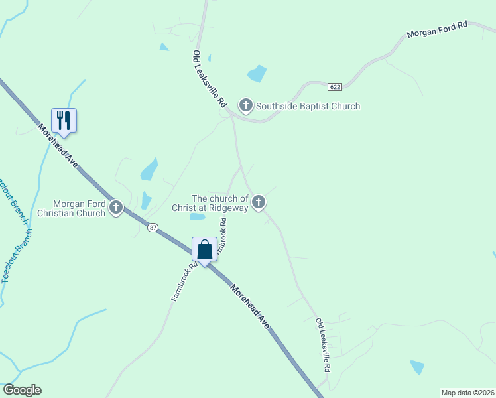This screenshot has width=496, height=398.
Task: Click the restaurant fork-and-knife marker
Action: point(64,120)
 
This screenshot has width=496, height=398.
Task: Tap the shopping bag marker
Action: point(205,250)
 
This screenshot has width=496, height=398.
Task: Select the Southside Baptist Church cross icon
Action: point(246,105)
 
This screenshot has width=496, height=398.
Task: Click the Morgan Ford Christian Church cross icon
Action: point(116,208)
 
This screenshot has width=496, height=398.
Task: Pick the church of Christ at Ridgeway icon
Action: point(259,202)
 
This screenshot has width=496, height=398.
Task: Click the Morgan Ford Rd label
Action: point(437,30)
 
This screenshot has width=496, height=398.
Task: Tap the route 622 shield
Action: point(334,86)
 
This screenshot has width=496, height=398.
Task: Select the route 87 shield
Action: point(153,228)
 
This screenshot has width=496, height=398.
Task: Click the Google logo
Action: point(22,390)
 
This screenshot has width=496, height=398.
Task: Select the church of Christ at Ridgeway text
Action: point(219,203)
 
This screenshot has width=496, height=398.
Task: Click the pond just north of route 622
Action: point(257,73)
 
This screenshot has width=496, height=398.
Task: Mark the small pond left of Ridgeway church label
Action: point(197,216)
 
